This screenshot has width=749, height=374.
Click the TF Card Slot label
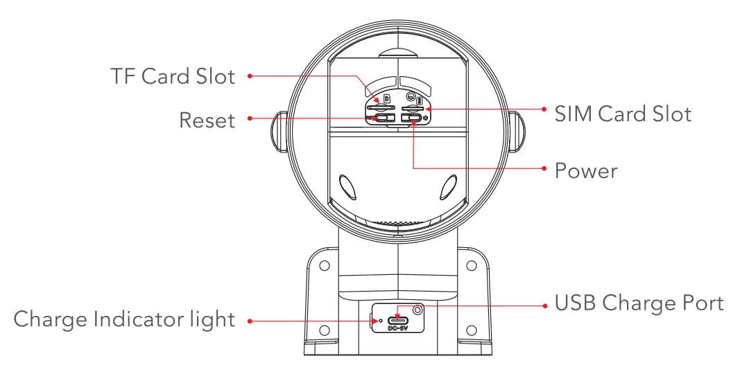[x=173, y=76]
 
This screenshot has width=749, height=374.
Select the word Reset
[x=207, y=120]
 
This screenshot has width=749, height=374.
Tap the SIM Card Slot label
[x=622, y=113]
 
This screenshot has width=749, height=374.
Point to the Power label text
[x=585, y=170]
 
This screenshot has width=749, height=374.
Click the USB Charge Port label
[x=638, y=303]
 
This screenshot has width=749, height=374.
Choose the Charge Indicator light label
[x=124, y=320]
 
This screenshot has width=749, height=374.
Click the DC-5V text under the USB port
[x=397, y=328]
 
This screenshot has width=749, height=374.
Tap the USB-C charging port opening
[x=397, y=319]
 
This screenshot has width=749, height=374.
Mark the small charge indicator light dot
[x=380, y=321]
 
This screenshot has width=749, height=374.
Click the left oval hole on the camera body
[x=347, y=186]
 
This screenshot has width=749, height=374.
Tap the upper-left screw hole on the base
[x=324, y=265]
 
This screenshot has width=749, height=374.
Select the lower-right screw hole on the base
[x=471, y=330]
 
